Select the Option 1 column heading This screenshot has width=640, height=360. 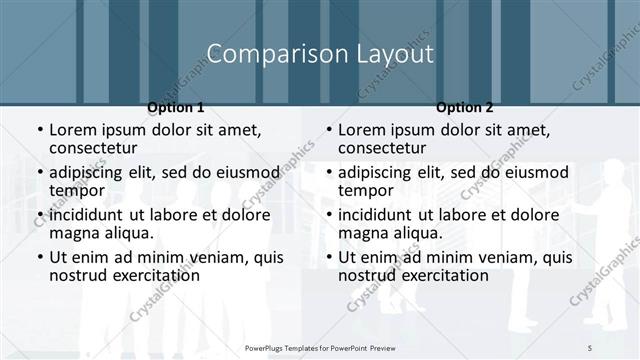[176, 107]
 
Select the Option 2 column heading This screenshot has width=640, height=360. [464, 107]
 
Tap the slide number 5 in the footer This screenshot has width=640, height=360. [590, 346]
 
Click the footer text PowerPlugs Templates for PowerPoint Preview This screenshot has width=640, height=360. [320, 346]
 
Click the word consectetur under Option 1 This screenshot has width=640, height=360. [98, 148]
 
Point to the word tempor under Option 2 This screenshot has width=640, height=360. [366, 190]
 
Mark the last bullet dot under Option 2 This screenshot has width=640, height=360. [328, 258]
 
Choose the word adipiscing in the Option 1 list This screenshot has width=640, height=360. [93, 172]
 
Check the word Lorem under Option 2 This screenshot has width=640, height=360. [362, 129]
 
